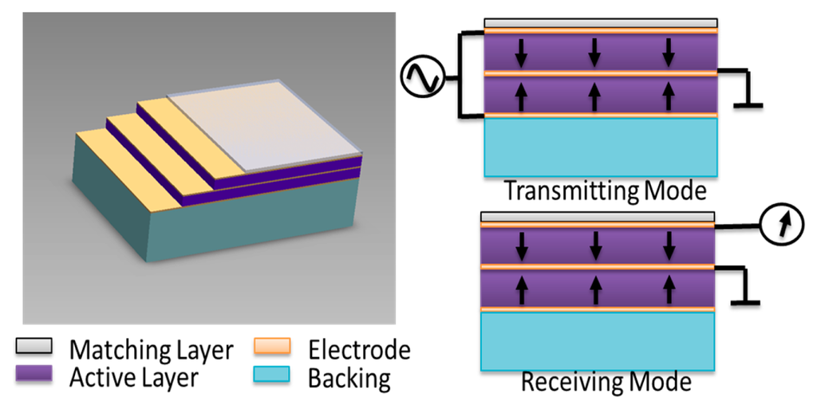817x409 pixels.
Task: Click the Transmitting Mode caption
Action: coord(606,191)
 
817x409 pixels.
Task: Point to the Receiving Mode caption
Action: coord(606,382)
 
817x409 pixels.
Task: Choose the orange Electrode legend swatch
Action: coord(274,348)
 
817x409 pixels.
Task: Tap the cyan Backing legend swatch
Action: coord(274,374)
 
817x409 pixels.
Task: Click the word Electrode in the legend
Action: coord(359,349)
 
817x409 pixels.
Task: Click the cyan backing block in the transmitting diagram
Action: coord(602,147)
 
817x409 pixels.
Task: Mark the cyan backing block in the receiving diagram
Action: coord(598,340)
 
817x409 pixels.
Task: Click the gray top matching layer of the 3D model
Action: coord(263,128)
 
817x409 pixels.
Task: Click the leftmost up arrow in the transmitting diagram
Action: coord(521,96)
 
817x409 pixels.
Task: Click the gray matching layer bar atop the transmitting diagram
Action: coord(602,23)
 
